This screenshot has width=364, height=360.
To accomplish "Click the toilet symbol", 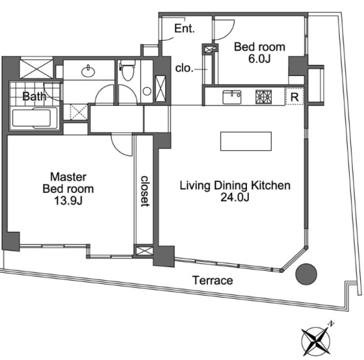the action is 127,69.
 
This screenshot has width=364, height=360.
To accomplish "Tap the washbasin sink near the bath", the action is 88,71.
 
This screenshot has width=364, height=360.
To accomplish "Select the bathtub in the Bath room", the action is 34,118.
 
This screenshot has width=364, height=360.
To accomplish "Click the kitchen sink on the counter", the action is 232,97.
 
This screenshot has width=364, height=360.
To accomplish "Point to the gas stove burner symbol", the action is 264,97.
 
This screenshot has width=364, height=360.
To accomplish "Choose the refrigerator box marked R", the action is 295,96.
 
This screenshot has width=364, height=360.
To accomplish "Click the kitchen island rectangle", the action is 246,141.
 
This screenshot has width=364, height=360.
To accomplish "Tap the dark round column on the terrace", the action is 306,274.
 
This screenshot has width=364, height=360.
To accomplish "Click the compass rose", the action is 316,341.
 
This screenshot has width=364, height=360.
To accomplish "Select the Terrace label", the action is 213,280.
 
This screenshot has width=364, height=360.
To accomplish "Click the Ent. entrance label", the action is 184,28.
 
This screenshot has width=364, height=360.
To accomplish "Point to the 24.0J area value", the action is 235,198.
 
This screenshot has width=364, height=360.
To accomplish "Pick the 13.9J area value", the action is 68,201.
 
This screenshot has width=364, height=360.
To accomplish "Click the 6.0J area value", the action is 259,59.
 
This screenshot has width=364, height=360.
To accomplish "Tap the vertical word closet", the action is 145,191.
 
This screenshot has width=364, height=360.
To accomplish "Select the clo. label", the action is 184,69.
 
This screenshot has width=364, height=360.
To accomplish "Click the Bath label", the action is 35,96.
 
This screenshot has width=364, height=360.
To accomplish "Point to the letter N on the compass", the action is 331,324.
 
